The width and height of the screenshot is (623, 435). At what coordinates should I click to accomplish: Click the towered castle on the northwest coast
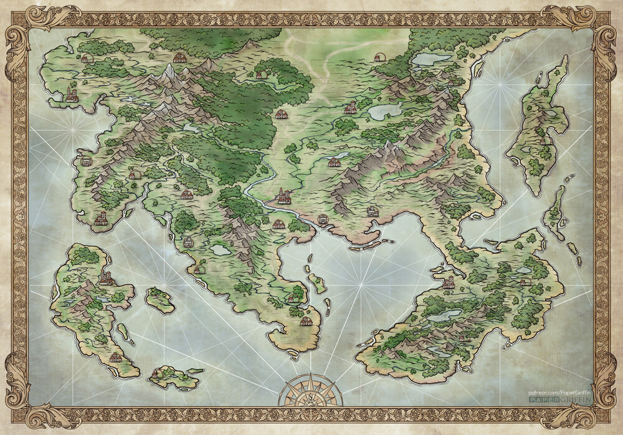[72, 95]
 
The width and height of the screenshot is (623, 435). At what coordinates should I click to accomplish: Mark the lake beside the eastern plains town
[384, 111]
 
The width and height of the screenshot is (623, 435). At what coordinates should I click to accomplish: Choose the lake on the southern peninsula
[220, 250]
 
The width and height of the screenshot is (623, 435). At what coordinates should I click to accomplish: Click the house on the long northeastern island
[543, 141]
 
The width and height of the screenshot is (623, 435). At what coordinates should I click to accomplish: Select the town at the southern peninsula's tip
[306, 321]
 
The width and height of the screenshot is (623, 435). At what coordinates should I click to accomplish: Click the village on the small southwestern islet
[155, 374]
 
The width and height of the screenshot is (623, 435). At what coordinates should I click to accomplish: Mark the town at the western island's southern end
[115, 358]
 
